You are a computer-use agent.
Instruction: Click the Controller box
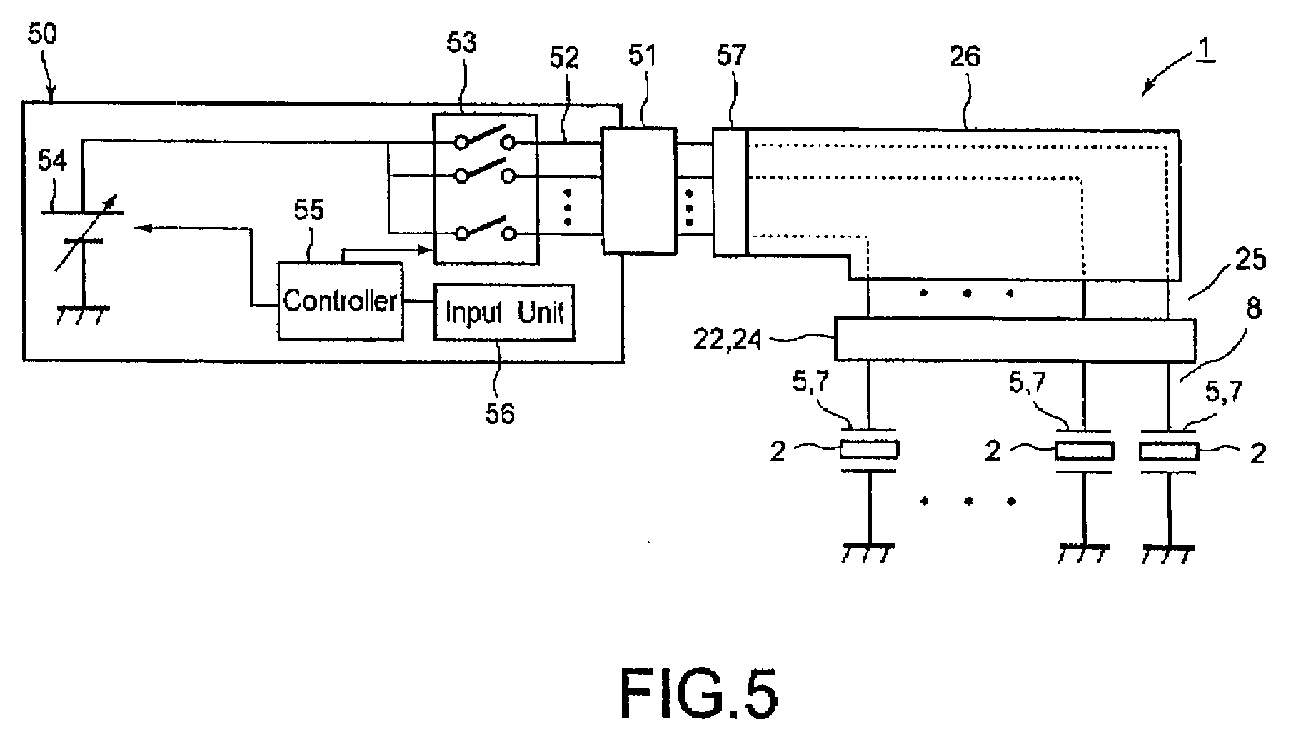tap(341, 301)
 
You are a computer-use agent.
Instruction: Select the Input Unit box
tap(504, 312)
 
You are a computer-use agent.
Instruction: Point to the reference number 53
tap(461, 43)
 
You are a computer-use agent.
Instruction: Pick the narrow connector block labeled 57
tap(730, 191)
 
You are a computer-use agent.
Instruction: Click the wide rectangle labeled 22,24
tap(1015, 339)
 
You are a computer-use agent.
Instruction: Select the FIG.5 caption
tap(698, 694)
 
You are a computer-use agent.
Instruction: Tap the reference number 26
tap(965, 56)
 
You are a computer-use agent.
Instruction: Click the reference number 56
tap(500, 413)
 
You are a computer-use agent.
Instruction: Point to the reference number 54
tap(52, 161)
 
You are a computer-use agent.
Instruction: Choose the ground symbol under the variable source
tap(84, 314)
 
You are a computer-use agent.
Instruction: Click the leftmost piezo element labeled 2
tap(869, 450)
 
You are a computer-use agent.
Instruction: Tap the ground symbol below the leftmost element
tap(869, 554)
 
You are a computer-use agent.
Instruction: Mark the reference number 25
tap(1250, 259)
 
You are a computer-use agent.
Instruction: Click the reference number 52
tap(563, 58)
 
